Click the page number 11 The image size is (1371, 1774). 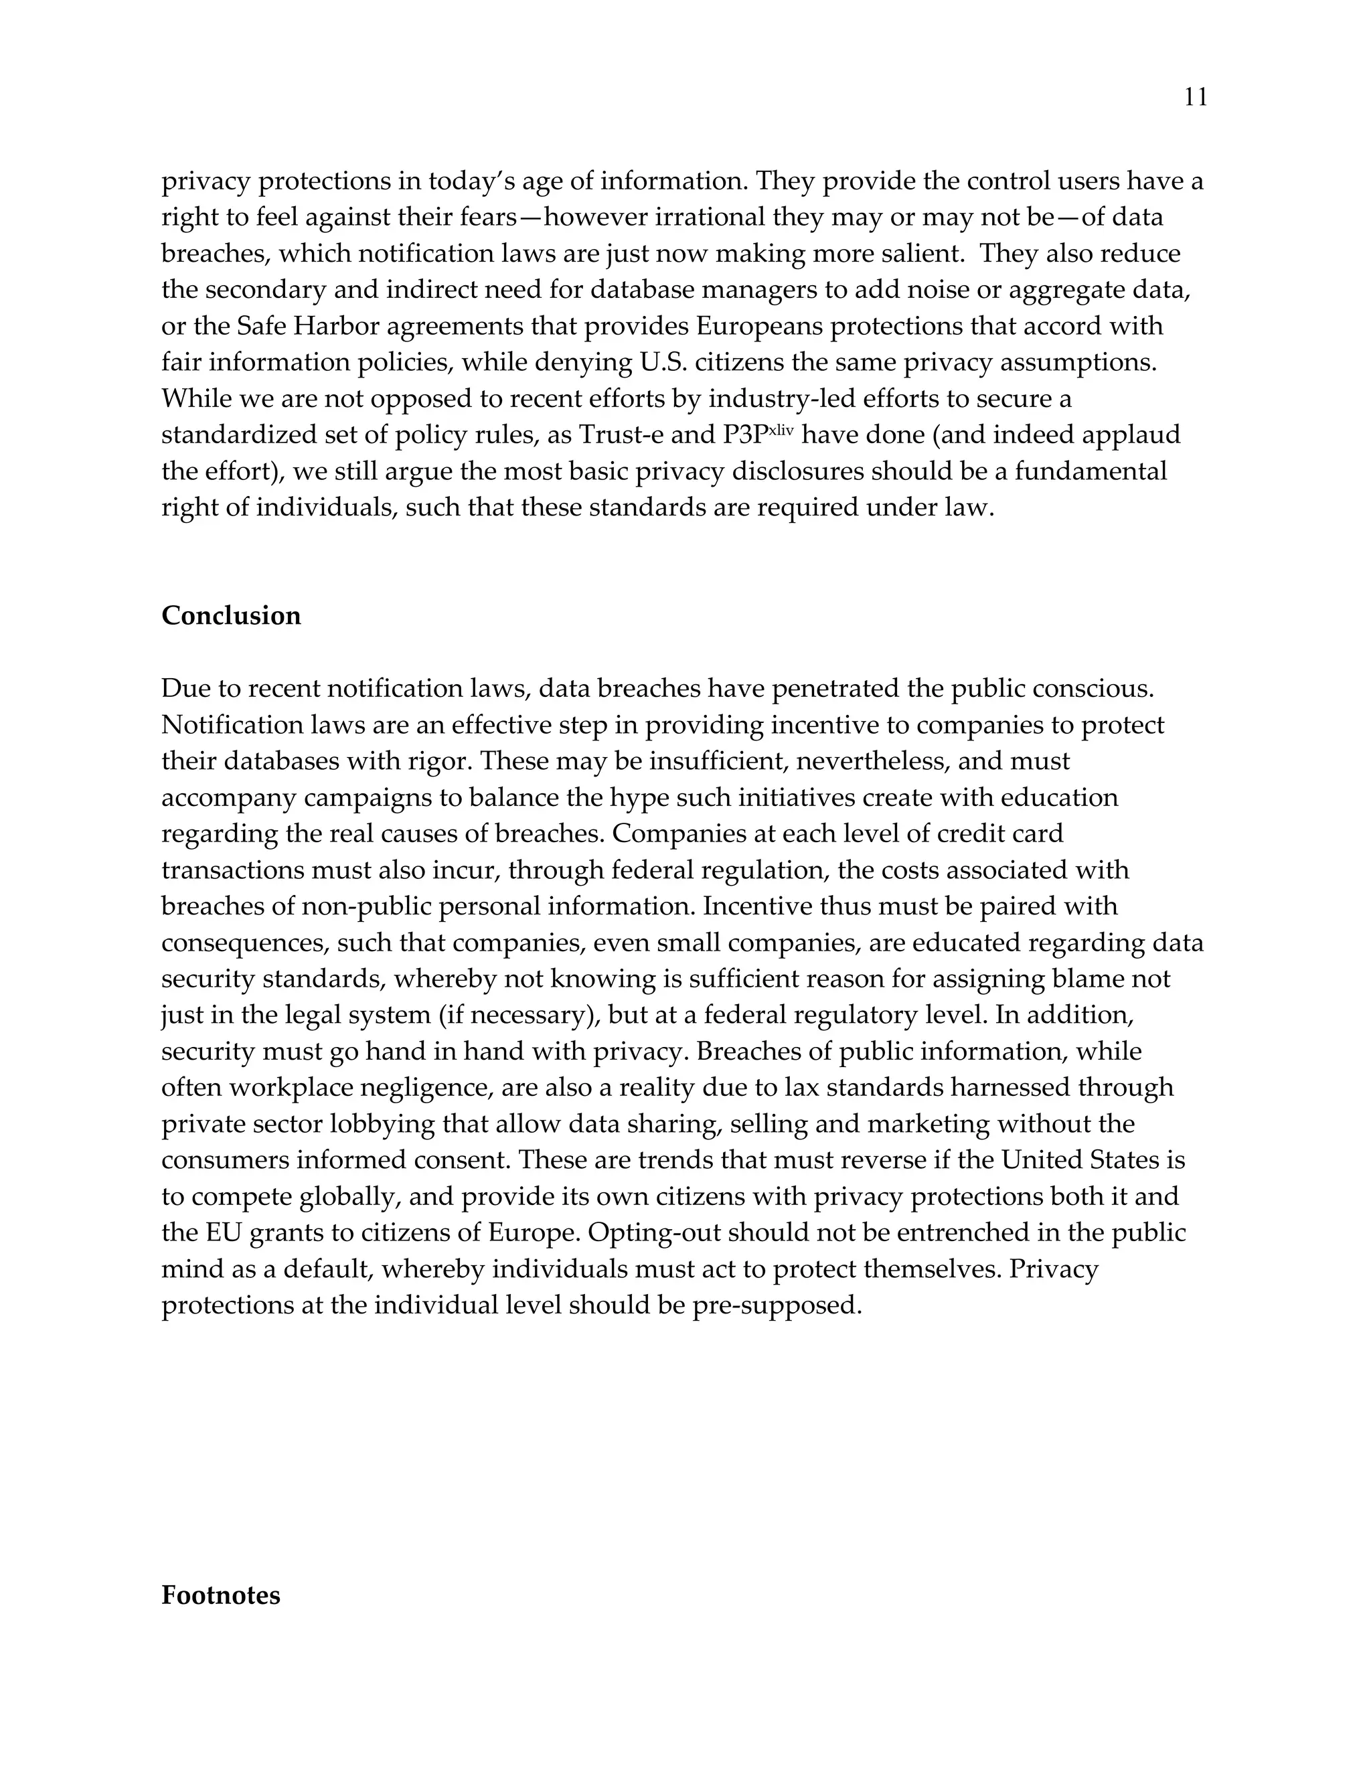(1196, 98)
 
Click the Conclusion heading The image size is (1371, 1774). (231, 616)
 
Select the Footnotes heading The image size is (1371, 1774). (220, 1595)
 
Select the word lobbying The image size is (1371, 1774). (381, 1124)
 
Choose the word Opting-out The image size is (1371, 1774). (653, 1233)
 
